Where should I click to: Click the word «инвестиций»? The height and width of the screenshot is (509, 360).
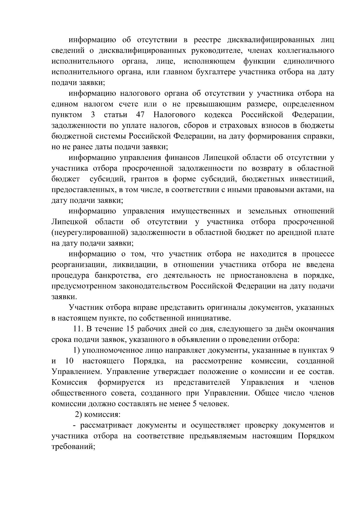(x=312, y=179)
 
